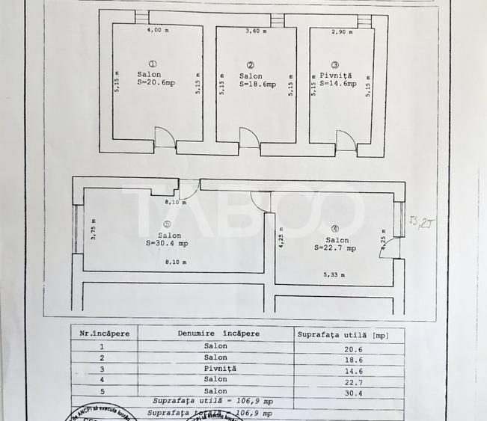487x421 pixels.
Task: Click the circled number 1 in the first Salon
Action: tap(153, 64)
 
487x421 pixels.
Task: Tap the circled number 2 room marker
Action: tap(251, 65)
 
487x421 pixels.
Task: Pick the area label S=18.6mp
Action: tap(257, 85)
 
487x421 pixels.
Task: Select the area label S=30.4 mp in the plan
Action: tap(169, 243)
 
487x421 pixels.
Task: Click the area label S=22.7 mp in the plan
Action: tap(335, 248)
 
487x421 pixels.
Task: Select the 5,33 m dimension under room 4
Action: tap(334, 274)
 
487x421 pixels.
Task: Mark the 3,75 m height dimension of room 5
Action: tap(94, 228)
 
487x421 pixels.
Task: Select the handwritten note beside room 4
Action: tap(417, 221)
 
